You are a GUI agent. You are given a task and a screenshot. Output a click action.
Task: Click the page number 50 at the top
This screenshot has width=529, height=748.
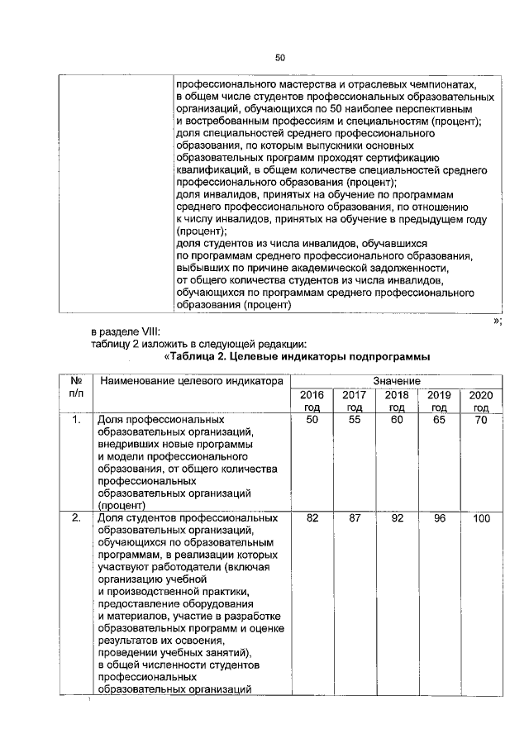tap(279, 57)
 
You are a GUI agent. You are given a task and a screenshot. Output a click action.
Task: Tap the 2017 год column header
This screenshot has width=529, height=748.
tap(354, 401)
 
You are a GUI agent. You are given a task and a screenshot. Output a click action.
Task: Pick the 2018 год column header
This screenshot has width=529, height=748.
tap(397, 401)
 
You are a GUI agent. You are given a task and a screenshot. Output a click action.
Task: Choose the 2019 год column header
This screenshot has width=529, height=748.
tap(439, 401)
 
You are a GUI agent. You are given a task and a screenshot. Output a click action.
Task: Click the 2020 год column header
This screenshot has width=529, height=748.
tap(481, 401)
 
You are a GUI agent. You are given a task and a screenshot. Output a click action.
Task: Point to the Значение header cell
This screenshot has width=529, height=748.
tap(396, 380)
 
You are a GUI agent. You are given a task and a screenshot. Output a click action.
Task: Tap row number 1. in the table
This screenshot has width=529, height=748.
tap(75, 421)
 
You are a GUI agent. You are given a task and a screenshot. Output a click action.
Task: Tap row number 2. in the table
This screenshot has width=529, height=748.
tap(75, 518)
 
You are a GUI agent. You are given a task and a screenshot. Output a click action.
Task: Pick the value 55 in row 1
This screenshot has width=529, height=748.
tap(354, 421)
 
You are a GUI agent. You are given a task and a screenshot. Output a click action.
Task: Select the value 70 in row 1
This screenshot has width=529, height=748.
tap(481, 421)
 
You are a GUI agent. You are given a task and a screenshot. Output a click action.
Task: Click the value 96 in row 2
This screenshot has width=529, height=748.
tap(439, 518)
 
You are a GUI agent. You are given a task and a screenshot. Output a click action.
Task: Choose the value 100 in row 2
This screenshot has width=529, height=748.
tap(481, 518)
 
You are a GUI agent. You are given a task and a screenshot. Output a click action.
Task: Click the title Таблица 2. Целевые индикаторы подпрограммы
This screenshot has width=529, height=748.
tap(297, 357)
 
